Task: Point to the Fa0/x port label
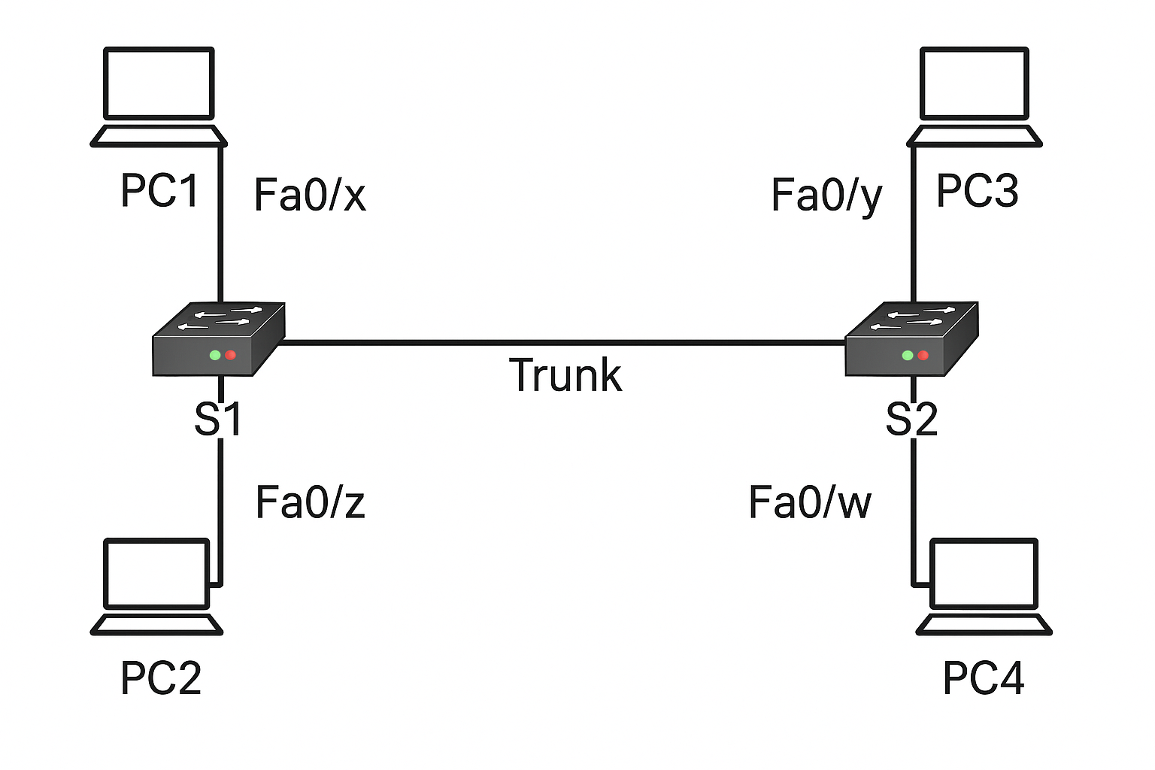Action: click(x=310, y=195)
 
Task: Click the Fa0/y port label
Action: click(x=826, y=196)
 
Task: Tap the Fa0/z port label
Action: click(x=310, y=502)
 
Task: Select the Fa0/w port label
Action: click(x=810, y=502)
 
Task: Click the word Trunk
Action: click(x=565, y=375)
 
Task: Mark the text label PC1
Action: click(x=159, y=191)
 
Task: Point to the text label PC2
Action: click(x=161, y=678)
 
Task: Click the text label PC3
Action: click(x=977, y=191)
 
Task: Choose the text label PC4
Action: click(x=984, y=678)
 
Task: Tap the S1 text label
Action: click(x=218, y=420)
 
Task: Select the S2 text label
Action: click(x=911, y=420)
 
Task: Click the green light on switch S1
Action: click(x=215, y=355)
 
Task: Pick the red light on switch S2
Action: click(x=923, y=355)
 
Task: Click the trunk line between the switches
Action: click(x=564, y=343)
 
